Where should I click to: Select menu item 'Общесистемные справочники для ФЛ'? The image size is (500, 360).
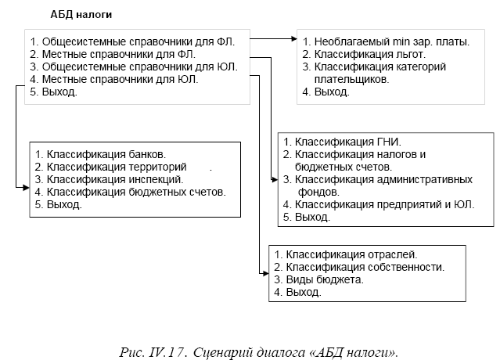(138, 41)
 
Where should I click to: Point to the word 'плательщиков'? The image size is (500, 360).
(352, 79)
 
